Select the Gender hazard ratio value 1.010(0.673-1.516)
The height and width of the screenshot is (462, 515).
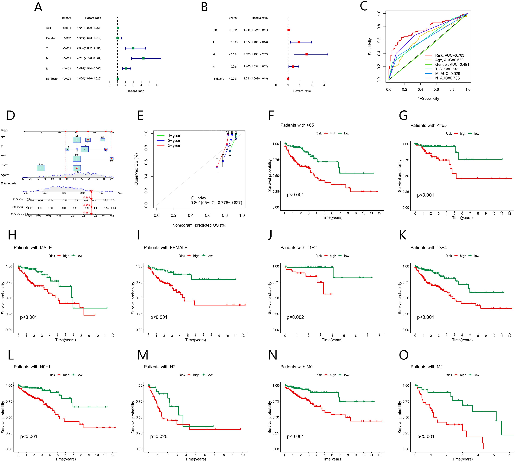(89, 38)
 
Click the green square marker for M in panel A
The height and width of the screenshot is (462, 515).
(143, 58)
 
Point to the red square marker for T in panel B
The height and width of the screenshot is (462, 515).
(299, 42)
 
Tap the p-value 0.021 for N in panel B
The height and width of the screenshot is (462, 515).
(234, 66)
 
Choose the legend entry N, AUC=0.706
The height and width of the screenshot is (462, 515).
(447, 78)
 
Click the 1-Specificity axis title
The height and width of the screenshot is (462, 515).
(428, 99)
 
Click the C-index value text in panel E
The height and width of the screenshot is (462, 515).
(216, 203)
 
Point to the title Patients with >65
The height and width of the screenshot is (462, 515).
(297, 125)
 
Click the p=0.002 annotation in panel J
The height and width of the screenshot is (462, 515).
(295, 317)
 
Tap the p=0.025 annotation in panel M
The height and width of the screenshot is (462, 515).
(159, 436)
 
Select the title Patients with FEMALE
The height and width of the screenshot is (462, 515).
(166, 247)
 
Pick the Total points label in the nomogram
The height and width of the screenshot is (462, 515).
(9, 183)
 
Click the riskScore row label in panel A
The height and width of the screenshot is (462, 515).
(52, 79)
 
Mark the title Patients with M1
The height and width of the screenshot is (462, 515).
(426, 367)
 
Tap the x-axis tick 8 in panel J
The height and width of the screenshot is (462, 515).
(379, 336)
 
